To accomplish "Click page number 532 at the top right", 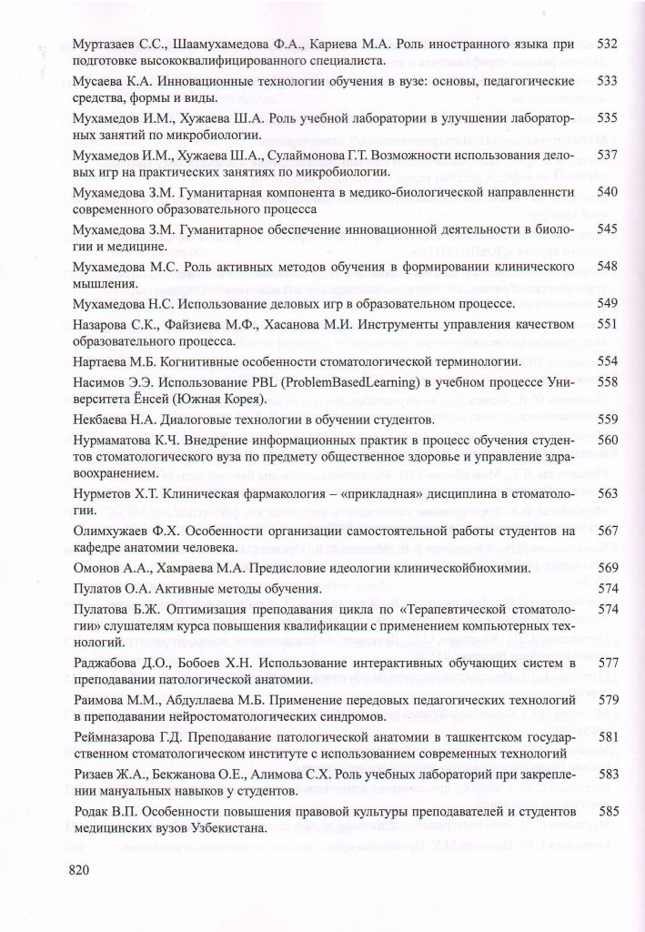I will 607,44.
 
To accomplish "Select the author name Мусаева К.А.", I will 114,82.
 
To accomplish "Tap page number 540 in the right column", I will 607,192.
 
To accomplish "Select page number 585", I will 607,811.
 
